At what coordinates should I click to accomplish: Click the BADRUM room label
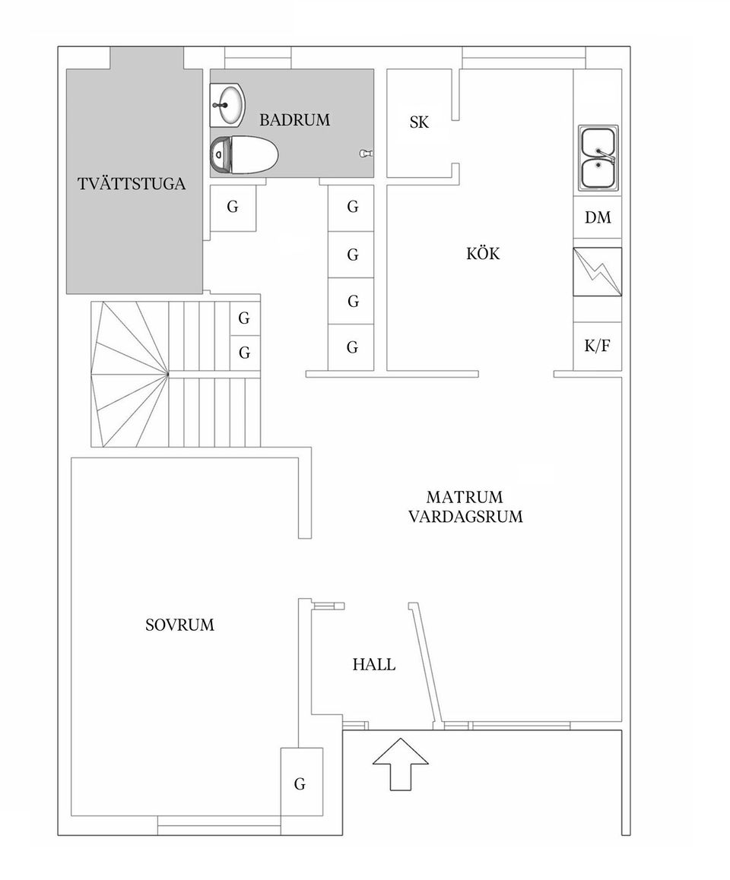294,120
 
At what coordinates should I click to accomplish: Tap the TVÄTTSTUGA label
132,185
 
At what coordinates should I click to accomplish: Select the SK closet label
419,122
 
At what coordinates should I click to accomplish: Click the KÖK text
483,254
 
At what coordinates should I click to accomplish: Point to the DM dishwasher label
598,218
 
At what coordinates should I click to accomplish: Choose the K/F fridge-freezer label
597,347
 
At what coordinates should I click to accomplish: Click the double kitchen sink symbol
598,157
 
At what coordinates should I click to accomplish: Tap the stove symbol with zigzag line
598,271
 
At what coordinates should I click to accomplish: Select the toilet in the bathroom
244,155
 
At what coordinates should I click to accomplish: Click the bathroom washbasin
228,105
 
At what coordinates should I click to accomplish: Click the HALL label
373,665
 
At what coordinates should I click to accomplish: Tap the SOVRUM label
179,625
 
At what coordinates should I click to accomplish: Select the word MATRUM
465,498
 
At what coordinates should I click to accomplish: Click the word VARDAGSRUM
465,518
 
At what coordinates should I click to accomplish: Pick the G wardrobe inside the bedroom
300,784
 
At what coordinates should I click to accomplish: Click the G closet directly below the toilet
233,207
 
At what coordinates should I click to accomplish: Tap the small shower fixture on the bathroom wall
366,153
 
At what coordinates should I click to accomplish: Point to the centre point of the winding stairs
167,373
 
